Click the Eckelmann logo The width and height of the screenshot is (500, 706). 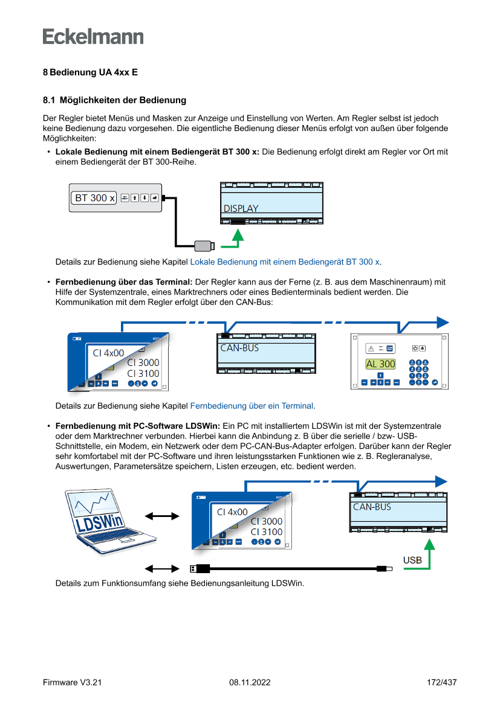tap(93, 36)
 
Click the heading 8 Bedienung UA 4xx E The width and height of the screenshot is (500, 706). tap(90, 72)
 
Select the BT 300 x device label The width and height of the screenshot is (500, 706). tap(94, 197)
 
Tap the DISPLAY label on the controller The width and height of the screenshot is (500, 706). tap(241, 208)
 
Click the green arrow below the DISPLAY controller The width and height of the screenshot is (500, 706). tap(239, 239)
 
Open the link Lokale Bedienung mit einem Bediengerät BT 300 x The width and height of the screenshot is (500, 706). tap(285, 262)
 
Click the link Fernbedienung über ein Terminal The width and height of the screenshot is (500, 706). tap(252, 406)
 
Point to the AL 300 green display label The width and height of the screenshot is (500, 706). tap(380, 364)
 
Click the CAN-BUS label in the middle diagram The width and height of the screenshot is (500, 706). tap(239, 348)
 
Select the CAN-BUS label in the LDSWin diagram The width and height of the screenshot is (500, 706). tap(372, 507)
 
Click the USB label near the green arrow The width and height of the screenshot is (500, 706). tap(412, 560)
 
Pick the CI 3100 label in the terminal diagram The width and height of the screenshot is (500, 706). tap(143, 374)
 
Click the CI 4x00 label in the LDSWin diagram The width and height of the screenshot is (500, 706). tap(232, 512)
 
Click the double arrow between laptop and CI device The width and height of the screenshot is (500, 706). tap(163, 516)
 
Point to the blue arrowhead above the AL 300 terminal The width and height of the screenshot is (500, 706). tap(443, 322)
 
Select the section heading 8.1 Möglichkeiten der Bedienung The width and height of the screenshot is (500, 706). tap(114, 100)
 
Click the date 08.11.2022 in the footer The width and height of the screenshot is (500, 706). tap(250, 682)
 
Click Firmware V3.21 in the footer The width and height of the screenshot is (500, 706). tap(72, 682)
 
